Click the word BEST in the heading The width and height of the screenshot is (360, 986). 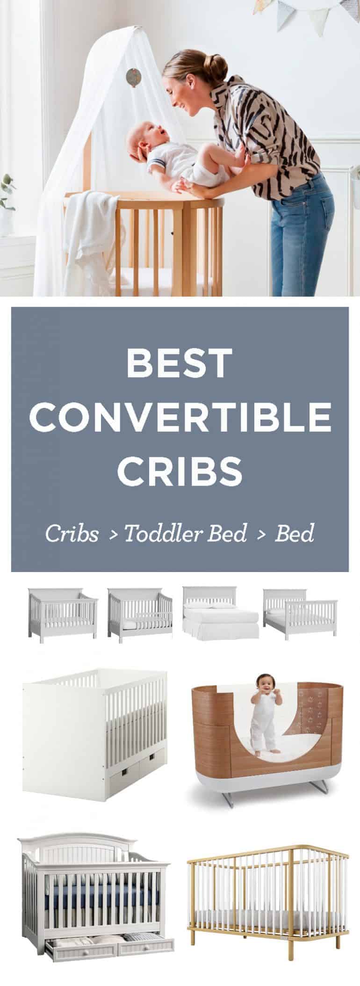180,362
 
